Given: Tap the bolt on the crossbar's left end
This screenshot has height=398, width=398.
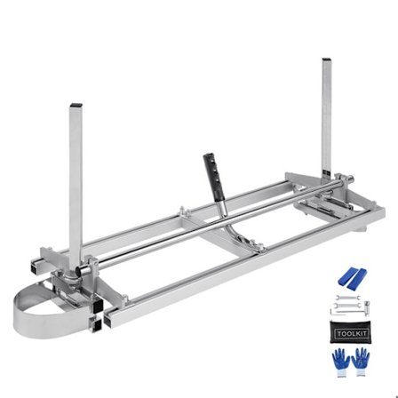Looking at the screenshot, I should pos(183,212).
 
